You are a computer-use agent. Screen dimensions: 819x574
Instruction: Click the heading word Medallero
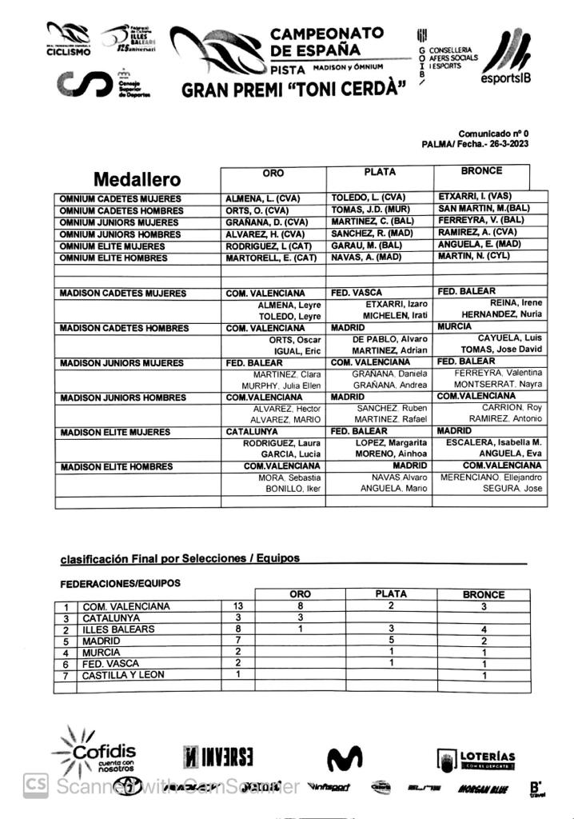pyautogui.click(x=138, y=180)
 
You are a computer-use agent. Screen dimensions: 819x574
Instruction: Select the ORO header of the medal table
pyautogui.click(x=273, y=172)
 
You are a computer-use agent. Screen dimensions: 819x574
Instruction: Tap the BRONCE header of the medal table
pyautogui.click(x=481, y=170)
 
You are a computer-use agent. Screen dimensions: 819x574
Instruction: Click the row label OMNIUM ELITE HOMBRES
pyautogui.click(x=114, y=258)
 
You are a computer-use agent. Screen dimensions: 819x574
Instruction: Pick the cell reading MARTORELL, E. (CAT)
pyautogui.click(x=273, y=258)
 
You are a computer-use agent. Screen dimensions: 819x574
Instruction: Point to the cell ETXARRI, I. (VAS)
pyautogui.click(x=475, y=196)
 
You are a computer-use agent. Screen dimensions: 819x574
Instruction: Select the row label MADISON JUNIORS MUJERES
pyautogui.click(x=122, y=363)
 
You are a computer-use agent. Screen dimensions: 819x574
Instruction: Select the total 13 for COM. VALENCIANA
pyautogui.click(x=237, y=606)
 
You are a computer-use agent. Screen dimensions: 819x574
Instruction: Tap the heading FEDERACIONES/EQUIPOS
pyautogui.click(x=120, y=583)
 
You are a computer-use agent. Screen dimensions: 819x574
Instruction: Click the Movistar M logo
pyautogui.click(x=345, y=759)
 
